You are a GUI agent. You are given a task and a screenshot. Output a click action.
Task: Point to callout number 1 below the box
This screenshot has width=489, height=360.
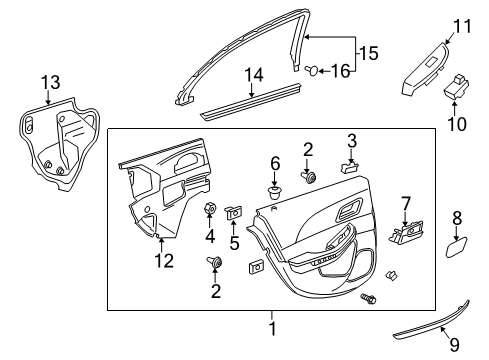[269, 326]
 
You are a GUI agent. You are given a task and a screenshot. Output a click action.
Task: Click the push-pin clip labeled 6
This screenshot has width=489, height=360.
[275, 186]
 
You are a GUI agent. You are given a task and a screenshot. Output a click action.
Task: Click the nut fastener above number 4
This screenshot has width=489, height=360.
[211, 209]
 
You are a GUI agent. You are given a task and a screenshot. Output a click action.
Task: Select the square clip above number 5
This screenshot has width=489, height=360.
[236, 211]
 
